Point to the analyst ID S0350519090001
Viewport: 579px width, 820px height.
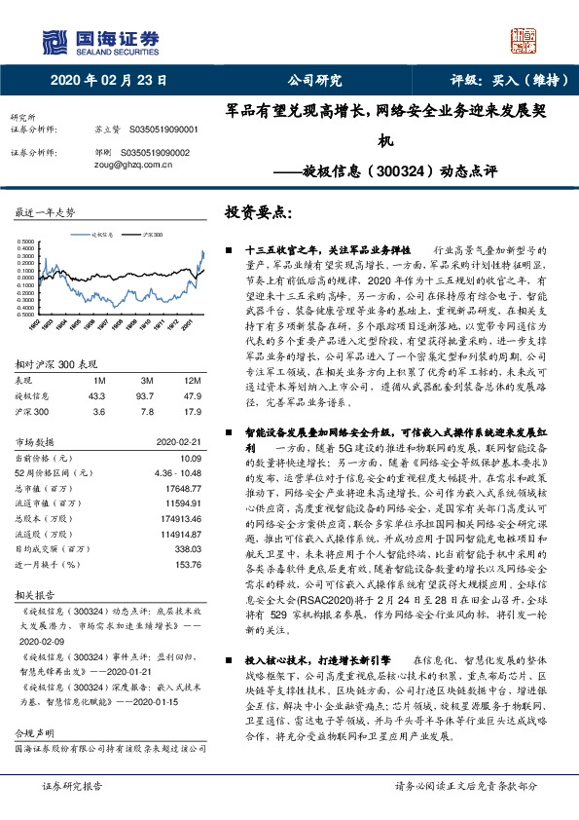(x=159, y=129)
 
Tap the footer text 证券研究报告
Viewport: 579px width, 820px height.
(x=74, y=785)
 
